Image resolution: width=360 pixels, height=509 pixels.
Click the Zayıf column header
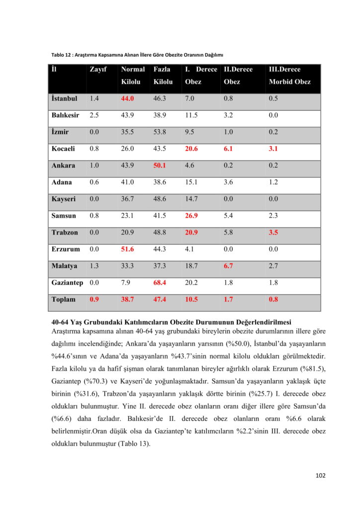[98, 70]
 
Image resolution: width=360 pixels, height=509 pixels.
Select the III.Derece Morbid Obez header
[289, 76]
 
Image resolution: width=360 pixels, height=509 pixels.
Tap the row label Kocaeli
[64, 149]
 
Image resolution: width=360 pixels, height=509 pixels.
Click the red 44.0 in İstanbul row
[128, 98]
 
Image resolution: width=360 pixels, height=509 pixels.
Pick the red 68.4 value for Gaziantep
[160, 282]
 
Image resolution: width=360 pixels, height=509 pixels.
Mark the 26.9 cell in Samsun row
[192, 216]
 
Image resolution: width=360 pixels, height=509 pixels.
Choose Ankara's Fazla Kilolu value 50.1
[160, 166]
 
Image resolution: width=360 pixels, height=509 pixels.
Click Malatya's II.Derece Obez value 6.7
[228, 266]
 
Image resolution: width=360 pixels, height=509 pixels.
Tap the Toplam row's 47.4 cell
[160, 299]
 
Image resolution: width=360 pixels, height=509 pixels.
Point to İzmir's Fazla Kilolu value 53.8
[160, 132]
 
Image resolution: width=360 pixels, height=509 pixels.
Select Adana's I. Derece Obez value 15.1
[192, 182]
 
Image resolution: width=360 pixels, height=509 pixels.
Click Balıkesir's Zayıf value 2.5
[94, 115]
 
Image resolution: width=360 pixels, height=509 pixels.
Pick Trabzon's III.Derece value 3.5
[273, 233]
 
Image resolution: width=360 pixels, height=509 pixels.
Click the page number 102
[321, 476]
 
